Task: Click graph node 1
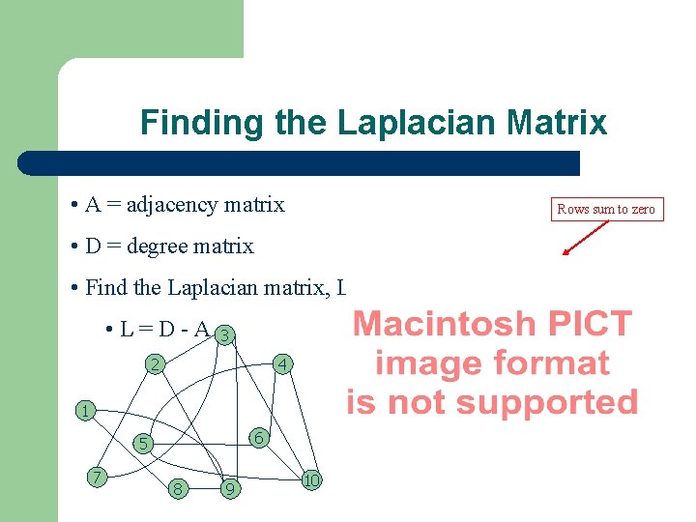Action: [85, 411]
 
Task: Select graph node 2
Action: [154, 364]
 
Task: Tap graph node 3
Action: [224, 335]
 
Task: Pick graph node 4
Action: [280, 364]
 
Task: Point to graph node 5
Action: [141, 444]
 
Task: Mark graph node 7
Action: [96, 476]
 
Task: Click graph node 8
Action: [177, 488]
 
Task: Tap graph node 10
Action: [311, 479]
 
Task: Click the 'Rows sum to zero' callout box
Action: [607, 209]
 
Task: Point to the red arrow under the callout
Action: [586, 239]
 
